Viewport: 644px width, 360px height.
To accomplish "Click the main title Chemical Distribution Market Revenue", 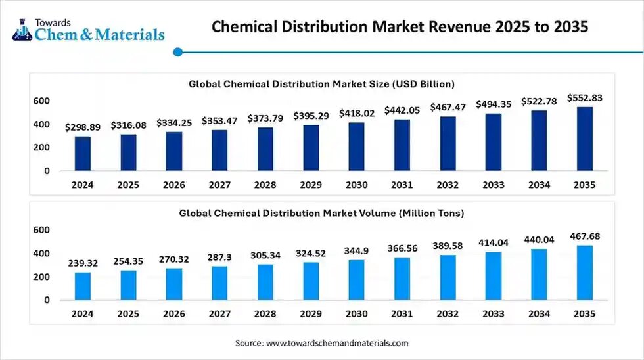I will [400, 28].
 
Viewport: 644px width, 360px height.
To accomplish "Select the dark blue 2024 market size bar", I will [83, 153].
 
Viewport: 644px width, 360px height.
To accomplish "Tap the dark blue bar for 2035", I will [584, 139].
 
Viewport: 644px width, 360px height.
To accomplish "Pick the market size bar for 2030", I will [357, 146].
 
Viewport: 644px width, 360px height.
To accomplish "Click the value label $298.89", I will [83, 127].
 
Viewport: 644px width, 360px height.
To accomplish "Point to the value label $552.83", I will [584, 97].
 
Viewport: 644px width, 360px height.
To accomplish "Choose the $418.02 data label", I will [357, 113].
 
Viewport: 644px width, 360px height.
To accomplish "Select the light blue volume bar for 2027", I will [219, 282].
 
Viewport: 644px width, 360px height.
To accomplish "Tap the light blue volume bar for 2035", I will [584, 272].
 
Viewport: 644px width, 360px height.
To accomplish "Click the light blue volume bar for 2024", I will [83, 286].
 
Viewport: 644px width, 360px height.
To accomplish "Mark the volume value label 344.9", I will [357, 251].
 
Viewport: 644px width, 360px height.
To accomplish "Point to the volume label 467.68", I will [584, 236].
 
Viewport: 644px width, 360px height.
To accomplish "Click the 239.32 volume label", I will [83, 263].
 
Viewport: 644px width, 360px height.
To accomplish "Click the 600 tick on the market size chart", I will [41, 101].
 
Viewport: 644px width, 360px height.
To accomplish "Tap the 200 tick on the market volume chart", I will [41, 277].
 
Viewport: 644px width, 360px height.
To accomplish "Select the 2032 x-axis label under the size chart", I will [448, 185].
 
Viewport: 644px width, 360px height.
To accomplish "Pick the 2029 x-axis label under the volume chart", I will [311, 314].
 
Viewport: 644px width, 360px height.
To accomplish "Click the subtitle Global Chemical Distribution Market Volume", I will [322, 213].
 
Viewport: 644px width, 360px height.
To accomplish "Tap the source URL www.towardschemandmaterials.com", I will [338, 343].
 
